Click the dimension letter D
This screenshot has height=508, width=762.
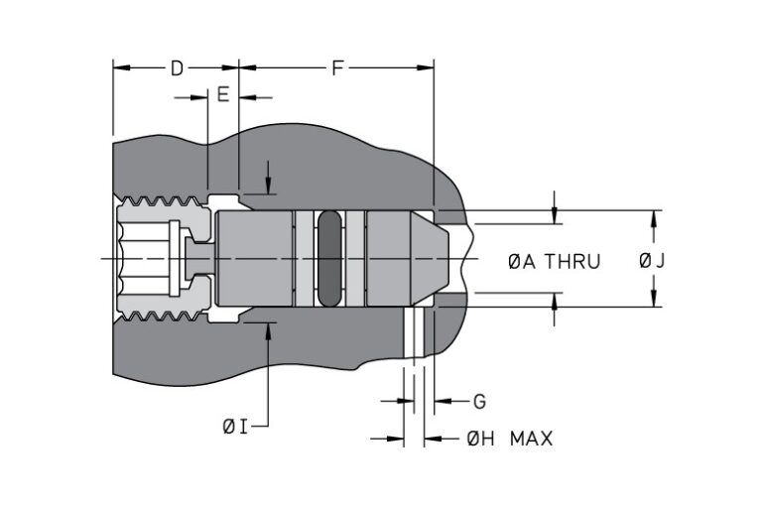click(x=176, y=68)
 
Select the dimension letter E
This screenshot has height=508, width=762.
click(x=222, y=96)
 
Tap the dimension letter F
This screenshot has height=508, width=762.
click(x=336, y=68)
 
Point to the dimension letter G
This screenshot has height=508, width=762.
click(x=478, y=402)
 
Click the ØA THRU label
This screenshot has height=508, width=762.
click(x=554, y=262)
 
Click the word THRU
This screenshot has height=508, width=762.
click(x=574, y=262)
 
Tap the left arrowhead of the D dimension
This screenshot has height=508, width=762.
click(x=120, y=68)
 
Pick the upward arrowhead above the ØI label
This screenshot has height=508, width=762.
click(x=268, y=330)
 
